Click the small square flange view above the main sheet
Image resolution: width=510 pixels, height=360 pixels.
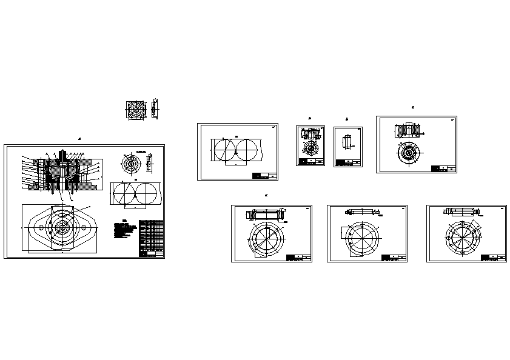tap(136, 110)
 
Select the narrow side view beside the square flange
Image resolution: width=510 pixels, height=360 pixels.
tap(155, 108)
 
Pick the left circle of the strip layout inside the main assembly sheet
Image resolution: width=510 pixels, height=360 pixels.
tap(125, 193)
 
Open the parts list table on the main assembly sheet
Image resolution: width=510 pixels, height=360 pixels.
tap(151, 237)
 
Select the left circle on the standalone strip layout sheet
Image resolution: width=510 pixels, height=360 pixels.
tap(224, 149)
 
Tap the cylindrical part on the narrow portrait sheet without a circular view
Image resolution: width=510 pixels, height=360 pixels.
tap(347, 142)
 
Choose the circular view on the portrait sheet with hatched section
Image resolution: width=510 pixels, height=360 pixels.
tap(312, 148)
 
